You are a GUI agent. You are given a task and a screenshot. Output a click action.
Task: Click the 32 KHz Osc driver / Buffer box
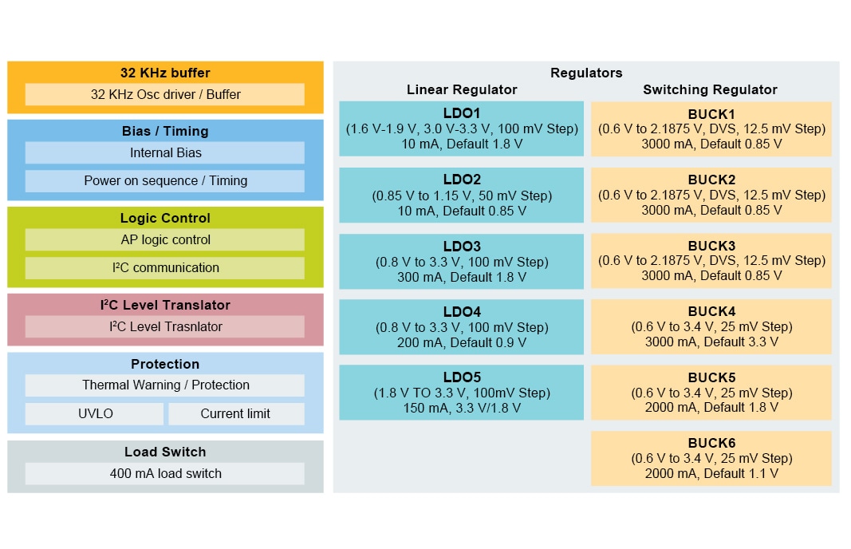tap(165, 94)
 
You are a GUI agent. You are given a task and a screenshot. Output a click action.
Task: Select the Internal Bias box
tap(165, 152)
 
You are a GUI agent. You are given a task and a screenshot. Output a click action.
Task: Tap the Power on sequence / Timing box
tap(165, 180)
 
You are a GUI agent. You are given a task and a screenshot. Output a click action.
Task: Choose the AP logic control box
tap(165, 239)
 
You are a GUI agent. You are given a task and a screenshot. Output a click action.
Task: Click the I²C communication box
tap(165, 267)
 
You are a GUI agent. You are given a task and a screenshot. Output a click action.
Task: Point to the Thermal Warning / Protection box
tap(165, 385)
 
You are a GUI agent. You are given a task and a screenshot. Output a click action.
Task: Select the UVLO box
tap(94, 413)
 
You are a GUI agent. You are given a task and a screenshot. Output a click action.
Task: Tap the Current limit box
tap(235, 413)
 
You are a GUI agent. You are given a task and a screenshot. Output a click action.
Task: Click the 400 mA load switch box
tap(165, 473)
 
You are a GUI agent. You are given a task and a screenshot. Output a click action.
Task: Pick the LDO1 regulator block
tap(461, 128)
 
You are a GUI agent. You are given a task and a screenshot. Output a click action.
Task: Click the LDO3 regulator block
tap(461, 261)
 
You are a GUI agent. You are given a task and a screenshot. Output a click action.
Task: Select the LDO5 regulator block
tap(461, 392)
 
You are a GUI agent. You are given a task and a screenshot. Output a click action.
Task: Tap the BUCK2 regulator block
tap(711, 195)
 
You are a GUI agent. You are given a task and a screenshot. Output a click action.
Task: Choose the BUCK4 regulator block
tap(711, 326)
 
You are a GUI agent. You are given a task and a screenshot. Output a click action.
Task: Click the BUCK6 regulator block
tap(711, 458)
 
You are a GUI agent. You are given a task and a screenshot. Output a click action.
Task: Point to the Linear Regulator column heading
tap(462, 89)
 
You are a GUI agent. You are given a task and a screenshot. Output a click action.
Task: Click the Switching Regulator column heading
tap(710, 89)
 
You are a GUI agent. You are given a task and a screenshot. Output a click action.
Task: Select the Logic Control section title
tap(165, 218)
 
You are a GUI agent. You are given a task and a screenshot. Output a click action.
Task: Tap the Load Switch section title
tap(165, 452)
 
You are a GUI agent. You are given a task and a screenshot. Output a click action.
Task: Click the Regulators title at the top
tap(586, 73)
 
